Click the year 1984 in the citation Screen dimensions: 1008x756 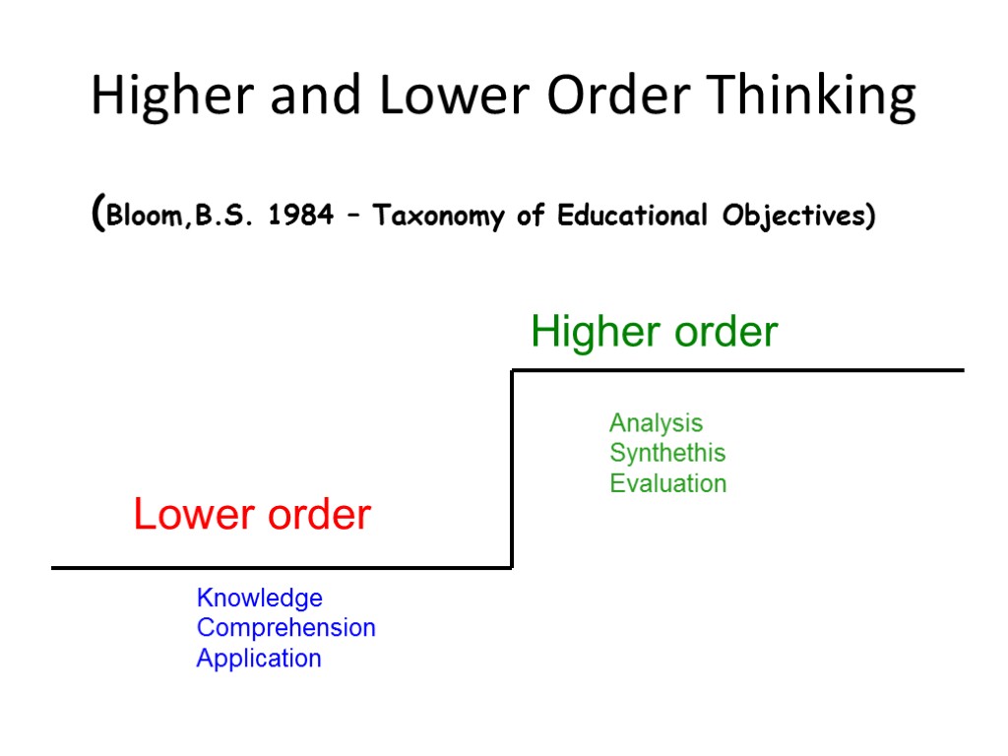pos(300,216)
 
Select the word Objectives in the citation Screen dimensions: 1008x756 pos(797,216)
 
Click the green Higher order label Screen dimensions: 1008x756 pos(654,332)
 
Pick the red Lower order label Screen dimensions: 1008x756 pos(252,515)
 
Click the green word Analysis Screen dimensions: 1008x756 pos(656,423)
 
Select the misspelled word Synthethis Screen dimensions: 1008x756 pos(667,453)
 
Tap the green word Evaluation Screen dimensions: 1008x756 pos(667,483)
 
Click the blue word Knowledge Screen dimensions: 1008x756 pos(260,598)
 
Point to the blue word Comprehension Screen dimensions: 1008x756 pos(285,627)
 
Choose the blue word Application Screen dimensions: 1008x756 pos(259,658)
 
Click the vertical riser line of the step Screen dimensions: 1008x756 pos(512,469)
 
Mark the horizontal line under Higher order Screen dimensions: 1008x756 pos(738,370)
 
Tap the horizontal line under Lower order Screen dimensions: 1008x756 pos(282,568)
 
